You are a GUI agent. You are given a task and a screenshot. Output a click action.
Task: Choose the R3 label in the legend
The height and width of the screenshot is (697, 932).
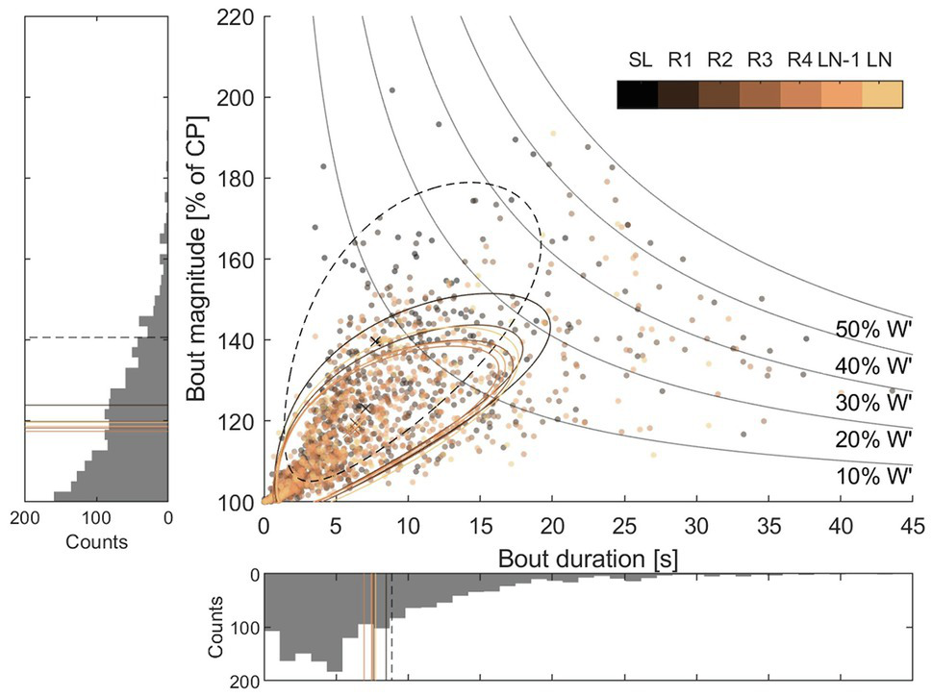pos(758,60)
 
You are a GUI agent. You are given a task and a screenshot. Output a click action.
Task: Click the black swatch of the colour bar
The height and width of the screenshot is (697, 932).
pos(636,93)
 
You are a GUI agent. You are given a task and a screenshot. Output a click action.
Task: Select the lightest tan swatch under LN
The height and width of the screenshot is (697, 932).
pos(882,93)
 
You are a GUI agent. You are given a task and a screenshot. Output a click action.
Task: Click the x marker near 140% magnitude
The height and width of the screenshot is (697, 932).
pos(376,341)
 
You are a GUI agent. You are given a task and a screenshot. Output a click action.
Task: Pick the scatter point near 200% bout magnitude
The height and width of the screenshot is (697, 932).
pos(391,90)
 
